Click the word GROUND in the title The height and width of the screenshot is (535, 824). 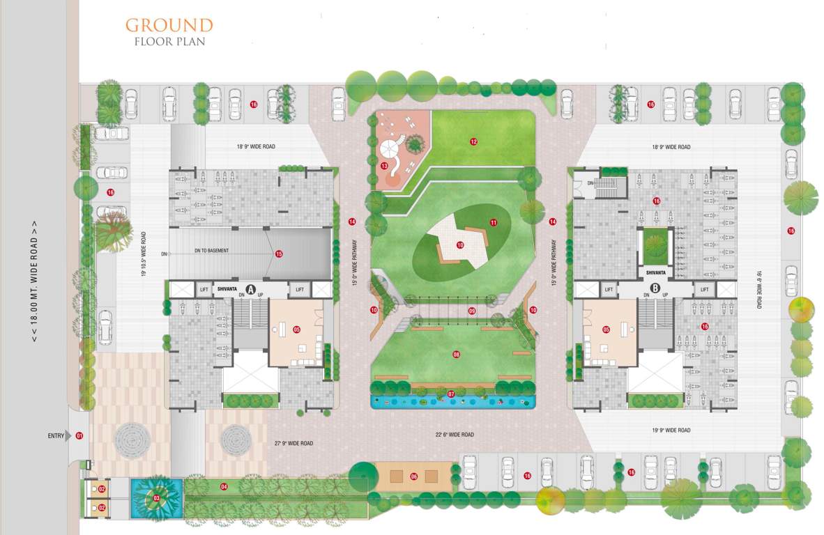tap(169, 26)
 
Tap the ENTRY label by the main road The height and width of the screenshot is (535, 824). tap(56, 436)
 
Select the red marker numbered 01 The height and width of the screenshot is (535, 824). tap(79, 436)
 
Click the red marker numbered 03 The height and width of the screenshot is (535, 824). tap(156, 498)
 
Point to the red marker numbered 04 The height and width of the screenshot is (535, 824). tap(224, 486)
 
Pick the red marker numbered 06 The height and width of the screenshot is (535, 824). tap(413, 476)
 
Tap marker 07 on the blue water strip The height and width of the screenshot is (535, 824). tap(451, 394)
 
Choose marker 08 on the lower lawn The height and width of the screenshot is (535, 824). tap(457, 355)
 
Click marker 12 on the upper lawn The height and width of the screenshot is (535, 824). tap(473, 141)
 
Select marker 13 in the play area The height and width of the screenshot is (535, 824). tap(384, 166)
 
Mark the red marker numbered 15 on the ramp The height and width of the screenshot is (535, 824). tap(279, 254)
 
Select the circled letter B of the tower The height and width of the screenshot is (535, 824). tap(655, 288)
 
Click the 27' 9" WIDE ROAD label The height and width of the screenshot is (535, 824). tap(293, 443)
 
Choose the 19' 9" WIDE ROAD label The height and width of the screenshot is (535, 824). tap(671, 431)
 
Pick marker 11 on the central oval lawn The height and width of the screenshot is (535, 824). tap(493, 223)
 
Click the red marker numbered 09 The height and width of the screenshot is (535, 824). tap(472, 311)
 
